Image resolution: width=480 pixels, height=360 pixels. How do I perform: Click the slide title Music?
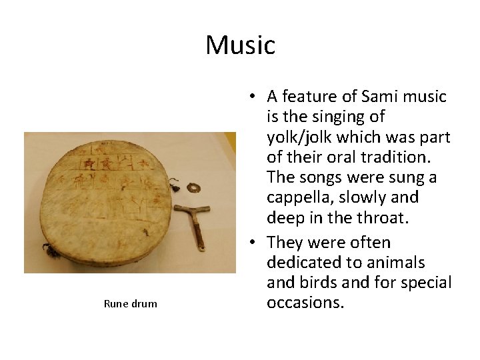click(240, 45)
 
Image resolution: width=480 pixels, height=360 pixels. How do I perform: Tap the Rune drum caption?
click(131, 304)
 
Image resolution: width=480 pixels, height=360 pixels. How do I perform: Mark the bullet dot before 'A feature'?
click(249, 97)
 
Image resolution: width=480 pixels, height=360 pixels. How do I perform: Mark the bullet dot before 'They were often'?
click(249, 243)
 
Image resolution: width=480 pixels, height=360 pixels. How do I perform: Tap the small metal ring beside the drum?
click(193, 187)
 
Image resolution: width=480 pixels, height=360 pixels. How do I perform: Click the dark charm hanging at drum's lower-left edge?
click(48, 250)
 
